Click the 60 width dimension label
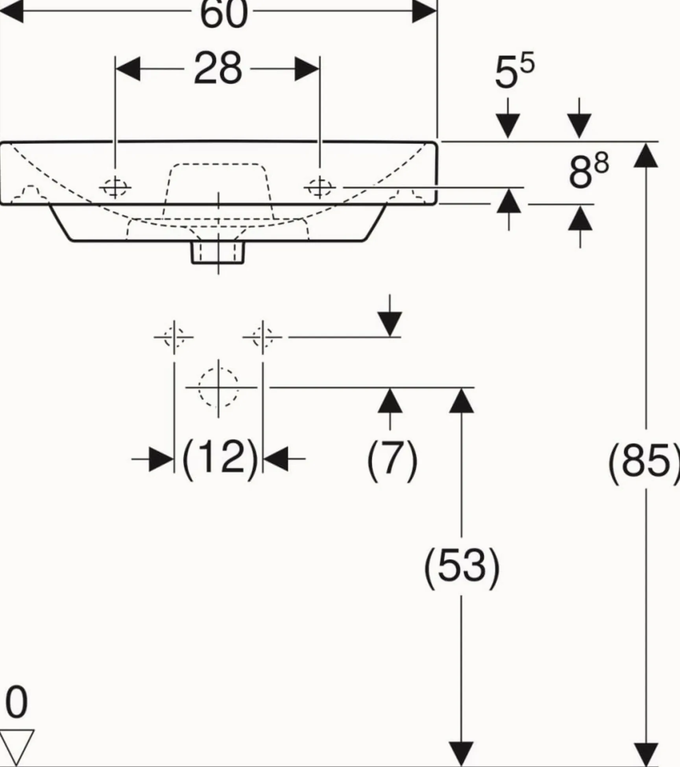pos(224,14)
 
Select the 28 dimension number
pos(218,69)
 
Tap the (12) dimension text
pos(220,458)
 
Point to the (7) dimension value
pos(392,459)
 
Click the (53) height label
pos(462,566)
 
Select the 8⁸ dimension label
pos(588,171)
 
